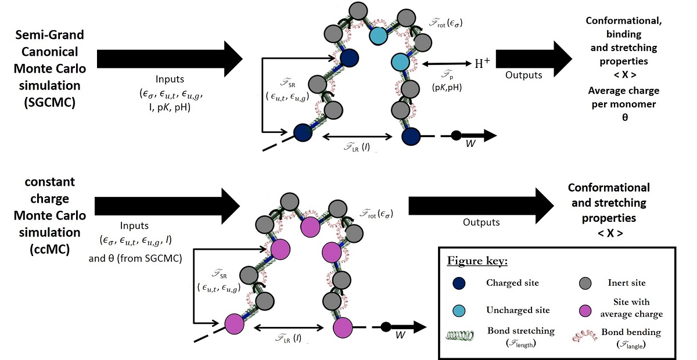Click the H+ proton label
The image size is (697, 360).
pos(482,63)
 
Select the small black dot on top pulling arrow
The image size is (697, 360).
pos(457,135)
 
